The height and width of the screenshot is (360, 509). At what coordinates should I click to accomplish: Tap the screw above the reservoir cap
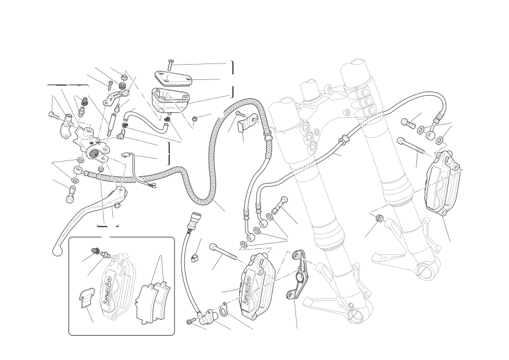[170, 63]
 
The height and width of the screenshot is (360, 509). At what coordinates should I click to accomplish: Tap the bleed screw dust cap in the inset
[94, 250]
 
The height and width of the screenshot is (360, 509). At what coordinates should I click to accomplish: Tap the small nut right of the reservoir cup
[194, 117]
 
